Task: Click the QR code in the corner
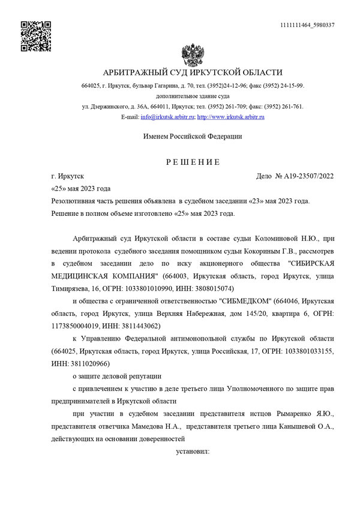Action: (36, 35)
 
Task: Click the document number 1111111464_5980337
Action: (307, 25)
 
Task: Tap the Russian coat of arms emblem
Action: (192, 55)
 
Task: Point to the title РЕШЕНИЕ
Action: (193, 162)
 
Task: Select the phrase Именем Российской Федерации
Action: (192, 137)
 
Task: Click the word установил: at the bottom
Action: (192, 450)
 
